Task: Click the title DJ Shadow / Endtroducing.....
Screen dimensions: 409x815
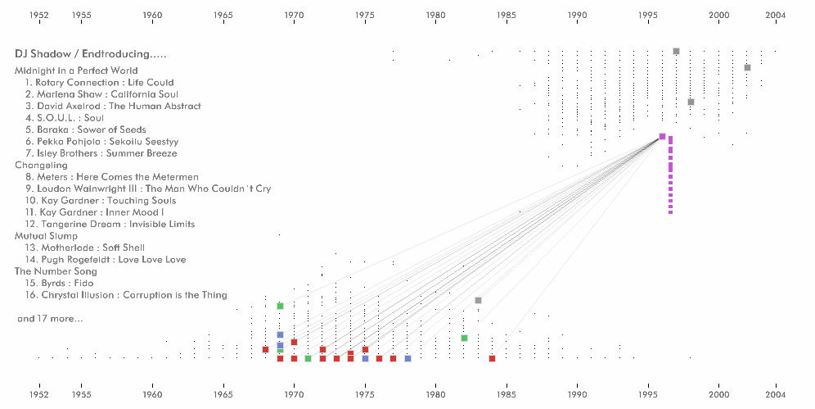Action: tap(90, 54)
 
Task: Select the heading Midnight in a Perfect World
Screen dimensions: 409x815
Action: tap(76, 70)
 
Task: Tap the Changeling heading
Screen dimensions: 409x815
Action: tap(41, 165)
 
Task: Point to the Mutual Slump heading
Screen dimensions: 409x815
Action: tap(46, 236)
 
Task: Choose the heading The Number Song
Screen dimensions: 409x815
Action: tap(56, 271)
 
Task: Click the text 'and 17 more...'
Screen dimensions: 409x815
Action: tap(50, 319)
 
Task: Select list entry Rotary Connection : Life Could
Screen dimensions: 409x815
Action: tap(99, 82)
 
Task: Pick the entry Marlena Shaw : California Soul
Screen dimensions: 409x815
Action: tap(101, 94)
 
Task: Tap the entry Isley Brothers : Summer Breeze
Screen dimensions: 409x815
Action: tap(101, 153)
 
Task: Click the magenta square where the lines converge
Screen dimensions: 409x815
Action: tap(662, 137)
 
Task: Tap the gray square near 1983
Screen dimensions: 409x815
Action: tap(478, 301)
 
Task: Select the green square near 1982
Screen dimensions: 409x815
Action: tap(464, 338)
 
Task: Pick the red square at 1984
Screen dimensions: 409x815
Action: tap(492, 358)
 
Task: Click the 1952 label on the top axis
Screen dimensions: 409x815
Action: tap(38, 16)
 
